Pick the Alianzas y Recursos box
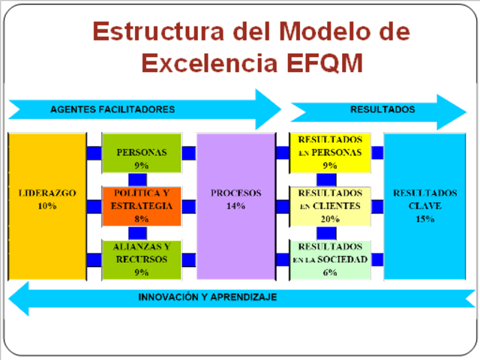142,259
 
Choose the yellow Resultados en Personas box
330,152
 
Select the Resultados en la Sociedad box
330,259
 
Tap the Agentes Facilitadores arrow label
112,109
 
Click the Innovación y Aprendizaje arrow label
208,298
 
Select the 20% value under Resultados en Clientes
330,219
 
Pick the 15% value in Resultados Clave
424,219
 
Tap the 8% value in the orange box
142,219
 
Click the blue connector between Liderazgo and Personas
94,152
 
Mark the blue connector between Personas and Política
137,179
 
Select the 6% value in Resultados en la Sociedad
330,273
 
